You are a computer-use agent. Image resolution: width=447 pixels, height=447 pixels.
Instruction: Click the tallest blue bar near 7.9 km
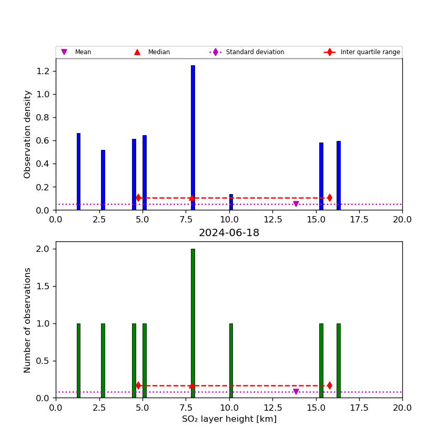tap(192, 137)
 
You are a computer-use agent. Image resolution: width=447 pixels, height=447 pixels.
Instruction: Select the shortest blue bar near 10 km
tap(231, 202)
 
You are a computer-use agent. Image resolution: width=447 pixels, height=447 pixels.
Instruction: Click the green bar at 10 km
tap(231, 360)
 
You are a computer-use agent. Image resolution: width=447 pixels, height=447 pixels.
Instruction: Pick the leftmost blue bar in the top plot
tap(78, 171)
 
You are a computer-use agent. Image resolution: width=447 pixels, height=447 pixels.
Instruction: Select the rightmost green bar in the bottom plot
tap(338, 360)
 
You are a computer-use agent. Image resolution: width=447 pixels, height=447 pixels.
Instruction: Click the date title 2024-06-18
tap(229, 233)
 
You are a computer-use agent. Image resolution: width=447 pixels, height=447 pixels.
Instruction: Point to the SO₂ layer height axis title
tap(229, 419)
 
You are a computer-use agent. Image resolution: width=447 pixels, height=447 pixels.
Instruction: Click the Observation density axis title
tap(28, 134)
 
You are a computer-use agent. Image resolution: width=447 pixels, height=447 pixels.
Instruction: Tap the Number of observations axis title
tap(28, 320)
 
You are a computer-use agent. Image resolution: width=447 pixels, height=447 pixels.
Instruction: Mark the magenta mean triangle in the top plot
tap(296, 204)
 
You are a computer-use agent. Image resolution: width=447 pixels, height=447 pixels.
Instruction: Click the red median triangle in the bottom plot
tap(192, 385)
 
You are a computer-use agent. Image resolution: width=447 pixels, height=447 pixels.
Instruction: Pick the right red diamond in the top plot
tap(329, 198)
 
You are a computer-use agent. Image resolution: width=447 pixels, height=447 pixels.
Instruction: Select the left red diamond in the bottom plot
tap(138, 385)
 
